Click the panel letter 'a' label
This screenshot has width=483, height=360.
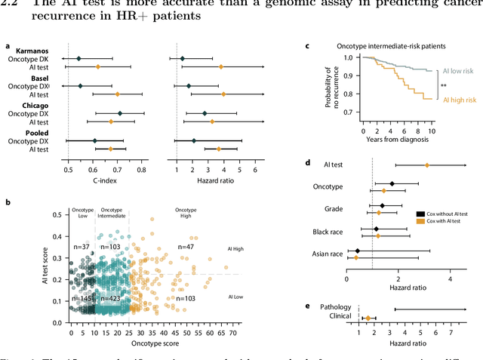pos(8,46)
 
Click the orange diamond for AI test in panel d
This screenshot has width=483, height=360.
pos(427,165)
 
